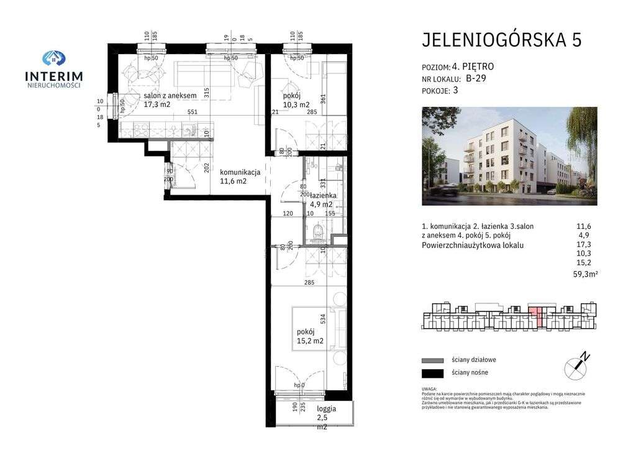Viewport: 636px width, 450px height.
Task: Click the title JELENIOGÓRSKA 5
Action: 502,40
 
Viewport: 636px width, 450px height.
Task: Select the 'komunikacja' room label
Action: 239,172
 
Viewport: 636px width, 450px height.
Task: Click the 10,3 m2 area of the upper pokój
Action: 295,104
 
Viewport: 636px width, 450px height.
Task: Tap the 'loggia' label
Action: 326,408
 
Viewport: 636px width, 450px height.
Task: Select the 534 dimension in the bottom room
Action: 322,319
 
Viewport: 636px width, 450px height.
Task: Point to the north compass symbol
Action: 576,367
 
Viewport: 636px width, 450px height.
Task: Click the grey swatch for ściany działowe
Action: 432,360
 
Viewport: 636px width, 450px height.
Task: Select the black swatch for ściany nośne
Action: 432,373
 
